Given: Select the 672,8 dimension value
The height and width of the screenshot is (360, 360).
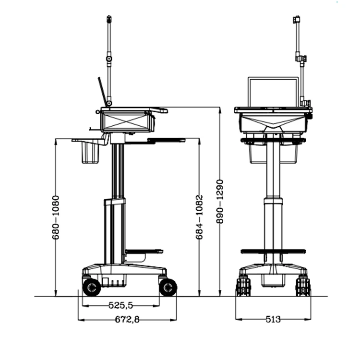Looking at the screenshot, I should tap(127, 319).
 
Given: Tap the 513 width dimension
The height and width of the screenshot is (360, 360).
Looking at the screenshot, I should tap(273, 319).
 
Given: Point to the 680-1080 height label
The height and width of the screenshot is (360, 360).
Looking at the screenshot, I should tap(56, 217).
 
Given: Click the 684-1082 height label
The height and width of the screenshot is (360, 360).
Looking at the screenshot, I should tap(199, 217).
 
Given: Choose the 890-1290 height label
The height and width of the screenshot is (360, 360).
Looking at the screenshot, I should tap(220, 202).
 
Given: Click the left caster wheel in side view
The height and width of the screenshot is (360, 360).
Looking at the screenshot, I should tap(91, 287).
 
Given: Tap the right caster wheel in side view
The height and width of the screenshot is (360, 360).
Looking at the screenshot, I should tap(168, 287).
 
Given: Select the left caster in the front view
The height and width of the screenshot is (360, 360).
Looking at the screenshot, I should tap(243, 286).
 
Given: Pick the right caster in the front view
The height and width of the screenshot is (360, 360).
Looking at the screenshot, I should tap(303, 286).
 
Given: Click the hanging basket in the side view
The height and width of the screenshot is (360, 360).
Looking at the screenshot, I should tap(90, 153).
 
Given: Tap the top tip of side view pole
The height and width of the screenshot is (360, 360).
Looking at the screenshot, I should tap(109, 19).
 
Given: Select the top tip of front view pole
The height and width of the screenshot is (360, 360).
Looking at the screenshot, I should tap(297, 19).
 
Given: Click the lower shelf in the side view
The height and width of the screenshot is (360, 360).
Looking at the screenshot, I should tap(144, 251).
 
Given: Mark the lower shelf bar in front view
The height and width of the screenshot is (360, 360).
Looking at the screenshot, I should tap(273, 252).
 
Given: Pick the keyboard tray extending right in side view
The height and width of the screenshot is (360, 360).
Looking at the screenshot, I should tap(166, 140).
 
